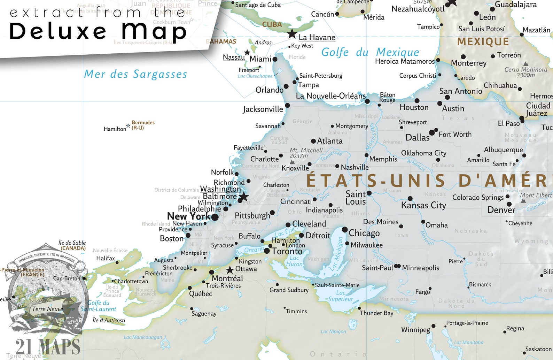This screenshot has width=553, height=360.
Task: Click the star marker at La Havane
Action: pos(292,34)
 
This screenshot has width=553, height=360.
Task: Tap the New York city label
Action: pos(188,216)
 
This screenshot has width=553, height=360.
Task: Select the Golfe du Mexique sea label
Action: pos(370,52)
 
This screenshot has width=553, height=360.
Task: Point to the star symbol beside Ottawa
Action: pos(230,270)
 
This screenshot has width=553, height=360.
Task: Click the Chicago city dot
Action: pos(344,230)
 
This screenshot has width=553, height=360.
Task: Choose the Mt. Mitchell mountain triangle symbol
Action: pos(292,162)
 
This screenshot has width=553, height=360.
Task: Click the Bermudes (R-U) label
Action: pos(143,125)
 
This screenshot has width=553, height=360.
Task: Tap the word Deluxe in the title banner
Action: pos(57,31)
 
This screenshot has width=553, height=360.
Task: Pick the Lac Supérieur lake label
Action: pos(341,296)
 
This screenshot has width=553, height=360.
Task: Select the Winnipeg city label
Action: pos(415,330)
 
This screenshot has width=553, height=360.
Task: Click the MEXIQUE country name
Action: pos(483,42)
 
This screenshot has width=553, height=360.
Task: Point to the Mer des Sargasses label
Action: pos(135,74)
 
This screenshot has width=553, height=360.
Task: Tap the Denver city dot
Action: pos(509,204)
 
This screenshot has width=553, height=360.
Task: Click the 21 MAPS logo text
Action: pos(48,347)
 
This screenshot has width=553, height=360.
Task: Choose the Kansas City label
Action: pos(423,205)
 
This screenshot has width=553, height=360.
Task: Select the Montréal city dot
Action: pos(211,272)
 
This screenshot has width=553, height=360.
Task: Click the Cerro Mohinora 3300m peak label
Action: pos(526,72)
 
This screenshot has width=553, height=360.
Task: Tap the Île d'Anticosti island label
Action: pos(109,320)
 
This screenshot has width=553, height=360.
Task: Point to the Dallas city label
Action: pos(417,138)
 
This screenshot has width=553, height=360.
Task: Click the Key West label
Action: pos(302,46)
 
